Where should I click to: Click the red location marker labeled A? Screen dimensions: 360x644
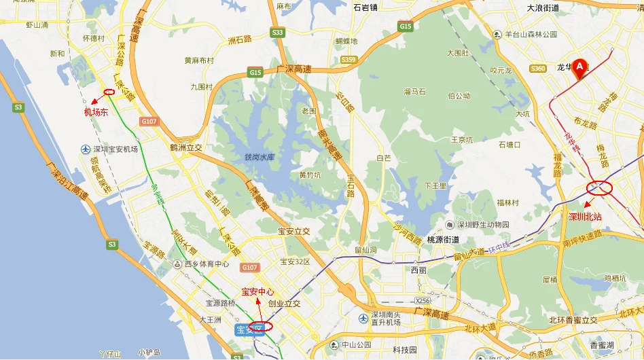click(579, 67)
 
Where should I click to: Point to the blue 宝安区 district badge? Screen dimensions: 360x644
click(248, 330)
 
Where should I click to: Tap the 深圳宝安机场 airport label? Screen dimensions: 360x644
click(115, 149)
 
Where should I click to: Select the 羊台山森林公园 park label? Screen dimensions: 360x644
click(531, 34)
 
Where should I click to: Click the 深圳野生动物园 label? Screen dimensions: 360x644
click(482, 225)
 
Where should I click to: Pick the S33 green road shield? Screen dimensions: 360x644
click(277, 32)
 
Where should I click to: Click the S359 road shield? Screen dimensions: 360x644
click(348, 60)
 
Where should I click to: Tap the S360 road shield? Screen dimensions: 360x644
click(538, 68)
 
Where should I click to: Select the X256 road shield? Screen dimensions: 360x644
click(423, 300)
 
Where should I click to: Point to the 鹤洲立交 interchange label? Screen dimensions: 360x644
click(186, 147)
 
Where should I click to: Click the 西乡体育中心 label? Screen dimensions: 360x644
click(206, 264)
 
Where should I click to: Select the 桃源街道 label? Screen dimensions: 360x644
click(443, 240)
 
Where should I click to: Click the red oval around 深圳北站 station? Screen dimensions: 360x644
click(601, 188)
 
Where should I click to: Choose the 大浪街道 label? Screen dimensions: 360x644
click(543, 8)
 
